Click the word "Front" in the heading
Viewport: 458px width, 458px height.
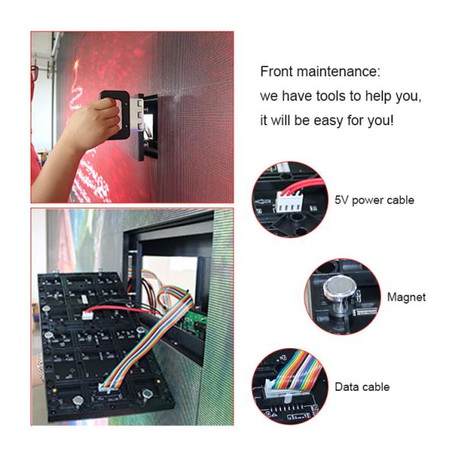point(276,73)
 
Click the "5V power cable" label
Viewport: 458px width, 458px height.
point(374,200)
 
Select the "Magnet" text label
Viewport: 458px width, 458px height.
point(406,297)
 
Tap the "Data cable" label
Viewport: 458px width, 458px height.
point(362,387)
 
